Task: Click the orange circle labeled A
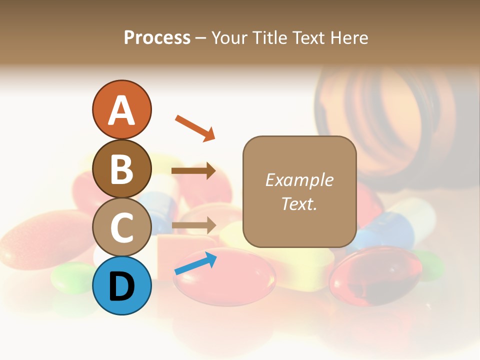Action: [121, 109]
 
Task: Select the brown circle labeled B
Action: [121, 168]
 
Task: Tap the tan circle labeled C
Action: [121, 227]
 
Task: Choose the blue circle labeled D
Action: [121, 285]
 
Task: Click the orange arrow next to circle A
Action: [195, 128]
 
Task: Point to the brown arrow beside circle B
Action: [193, 171]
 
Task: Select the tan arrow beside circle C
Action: [193, 225]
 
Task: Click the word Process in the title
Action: [157, 37]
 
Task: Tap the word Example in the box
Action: [299, 180]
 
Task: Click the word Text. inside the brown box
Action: [299, 203]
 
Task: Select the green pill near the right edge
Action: [430, 265]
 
